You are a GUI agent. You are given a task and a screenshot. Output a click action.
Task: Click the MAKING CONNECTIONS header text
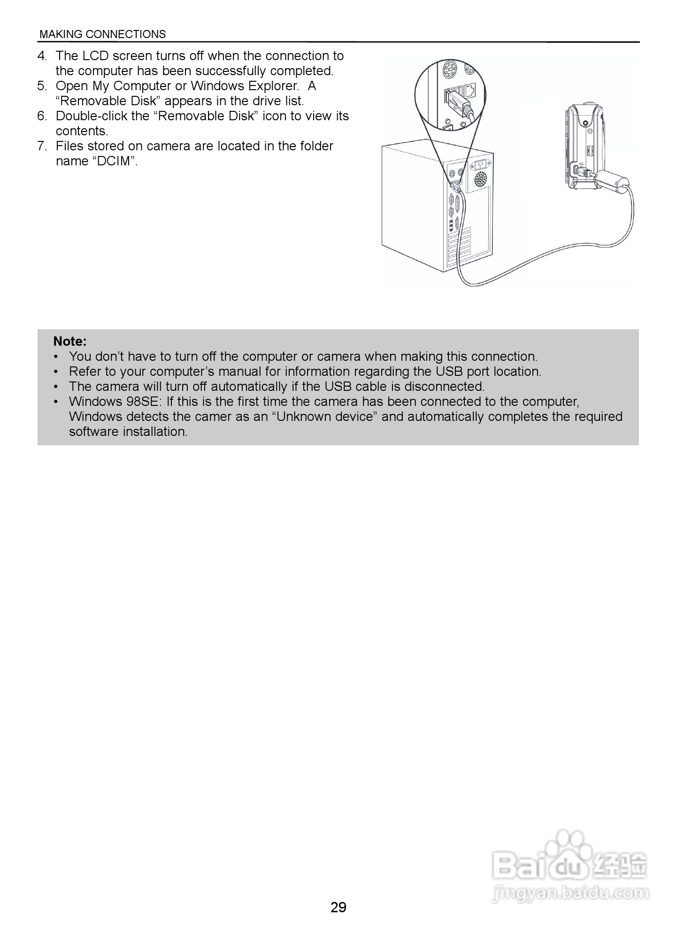(x=102, y=34)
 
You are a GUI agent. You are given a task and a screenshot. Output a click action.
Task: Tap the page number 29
(x=338, y=907)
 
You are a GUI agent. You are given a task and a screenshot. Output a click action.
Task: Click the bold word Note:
(x=70, y=341)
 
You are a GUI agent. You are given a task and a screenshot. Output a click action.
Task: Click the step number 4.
(x=41, y=56)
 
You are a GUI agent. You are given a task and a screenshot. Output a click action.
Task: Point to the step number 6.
(x=41, y=116)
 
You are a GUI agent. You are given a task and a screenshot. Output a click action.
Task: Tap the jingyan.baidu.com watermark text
(x=570, y=893)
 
